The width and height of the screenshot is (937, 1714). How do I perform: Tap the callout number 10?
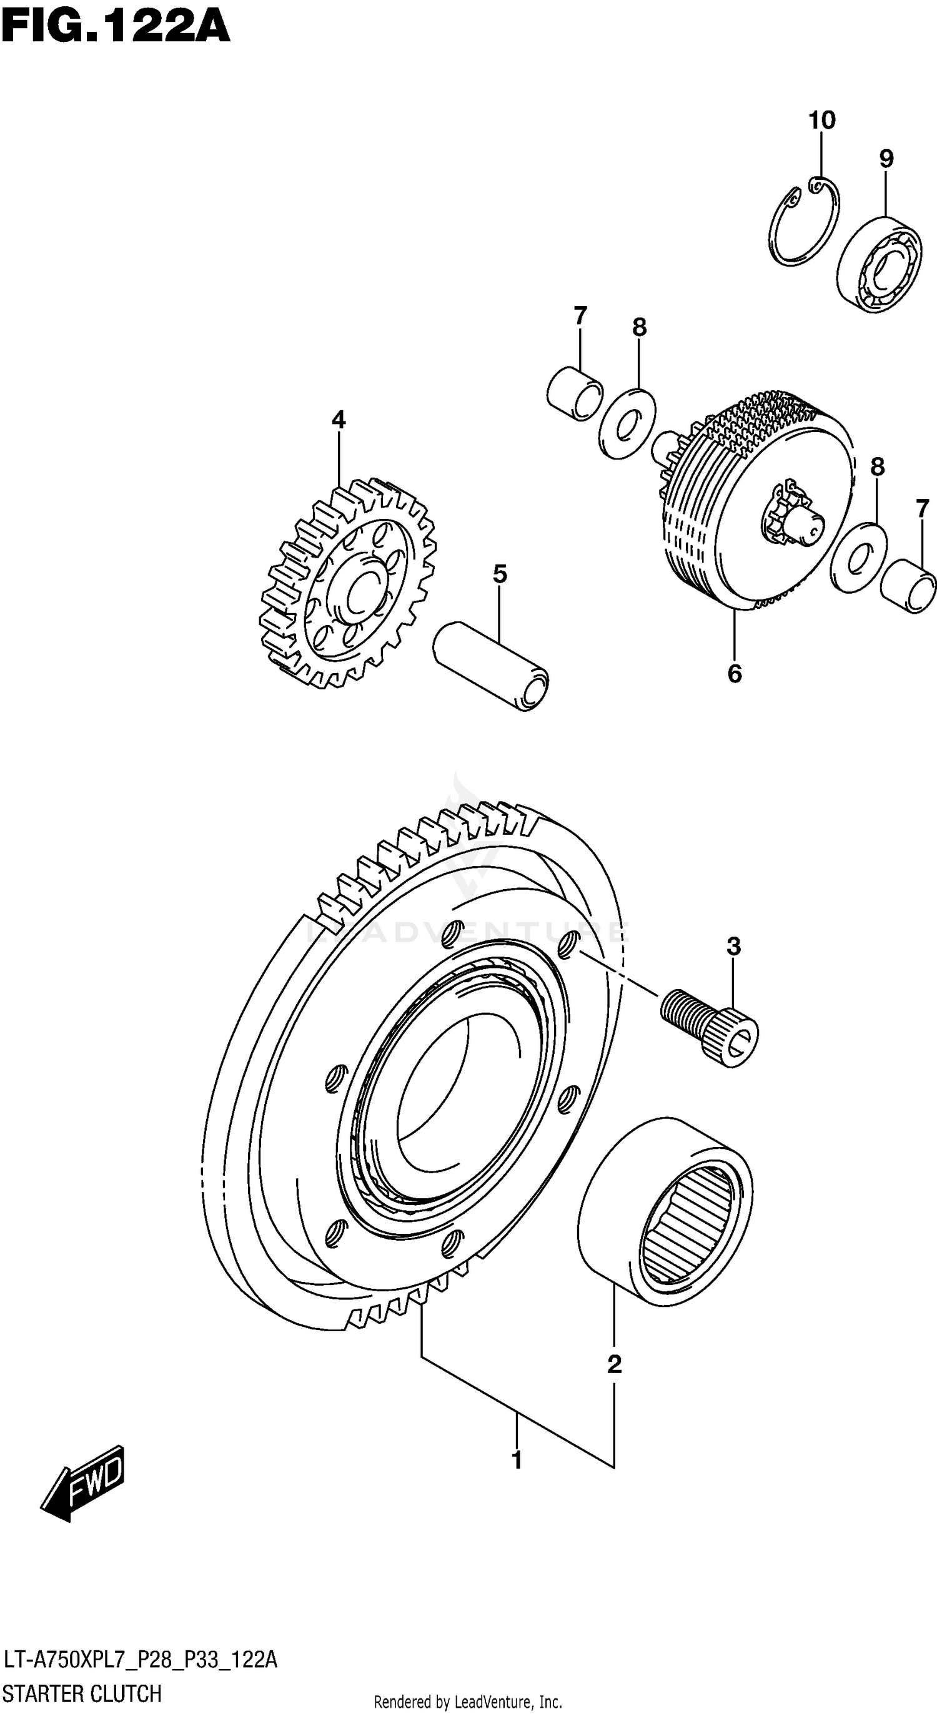pyautogui.click(x=821, y=121)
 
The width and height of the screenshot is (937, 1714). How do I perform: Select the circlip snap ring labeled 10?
pyautogui.click(x=803, y=225)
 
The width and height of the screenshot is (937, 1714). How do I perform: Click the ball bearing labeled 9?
pyautogui.click(x=878, y=264)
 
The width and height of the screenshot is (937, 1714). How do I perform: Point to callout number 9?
pyautogui.click(x=886, y=159)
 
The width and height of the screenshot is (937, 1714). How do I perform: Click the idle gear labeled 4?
pyautogui.click(x=347, y=582)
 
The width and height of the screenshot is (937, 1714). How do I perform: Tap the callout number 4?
pyautogui.click(x=338, y=420)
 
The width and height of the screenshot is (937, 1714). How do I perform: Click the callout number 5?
pyautogui.click(x=500, y=574)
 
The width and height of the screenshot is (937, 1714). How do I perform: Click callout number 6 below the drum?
pyautogui.click(x=734, y=674)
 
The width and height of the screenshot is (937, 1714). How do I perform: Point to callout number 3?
pyautogui.click(x=733, y=945)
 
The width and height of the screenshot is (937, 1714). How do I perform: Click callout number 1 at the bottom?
pyautogui.click(x=517, y=1460)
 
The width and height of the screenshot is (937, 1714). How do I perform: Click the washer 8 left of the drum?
pyautogui.click(x=626, y=423)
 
